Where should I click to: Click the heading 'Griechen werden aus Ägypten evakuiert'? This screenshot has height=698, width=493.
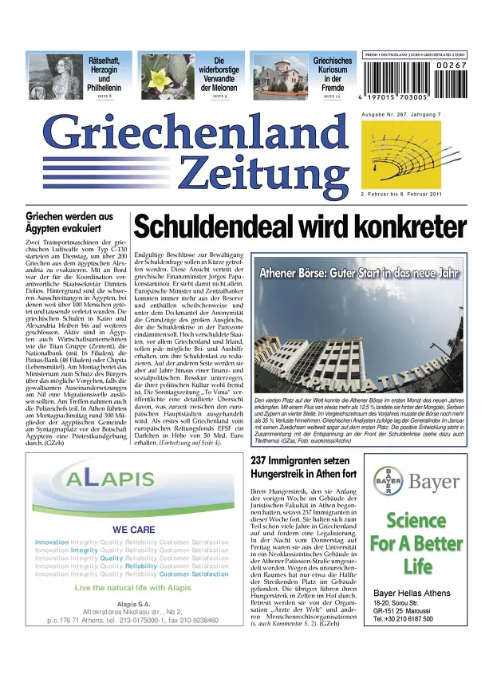pos(69,222)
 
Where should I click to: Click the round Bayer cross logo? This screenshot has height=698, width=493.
pos(388,482)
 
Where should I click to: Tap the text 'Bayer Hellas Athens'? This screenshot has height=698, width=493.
pos(408,593)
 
